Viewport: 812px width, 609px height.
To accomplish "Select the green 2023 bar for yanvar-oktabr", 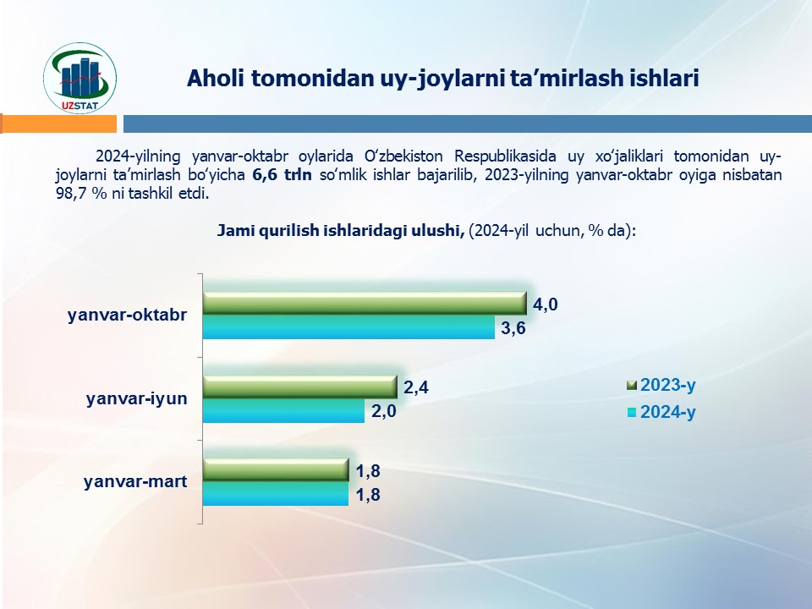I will coord(365,303).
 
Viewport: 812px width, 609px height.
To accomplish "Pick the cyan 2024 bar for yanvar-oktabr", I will coord(348,327).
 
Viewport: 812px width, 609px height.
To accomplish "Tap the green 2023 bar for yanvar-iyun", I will coord(299,387).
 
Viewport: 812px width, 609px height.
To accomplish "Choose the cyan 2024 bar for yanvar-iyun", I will coord(283,411).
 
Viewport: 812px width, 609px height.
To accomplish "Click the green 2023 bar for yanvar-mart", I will coord(276,469).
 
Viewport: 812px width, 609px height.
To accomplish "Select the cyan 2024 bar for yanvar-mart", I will coord(276,494).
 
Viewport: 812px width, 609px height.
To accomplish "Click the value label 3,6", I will coord(513,329).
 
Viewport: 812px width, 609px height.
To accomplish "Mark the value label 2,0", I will coord(383,413).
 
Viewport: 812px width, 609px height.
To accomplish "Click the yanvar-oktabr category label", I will coord(128,315).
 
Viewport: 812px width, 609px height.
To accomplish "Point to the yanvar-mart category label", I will coord(135,482).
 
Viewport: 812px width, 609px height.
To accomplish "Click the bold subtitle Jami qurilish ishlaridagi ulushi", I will coord(341,230).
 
